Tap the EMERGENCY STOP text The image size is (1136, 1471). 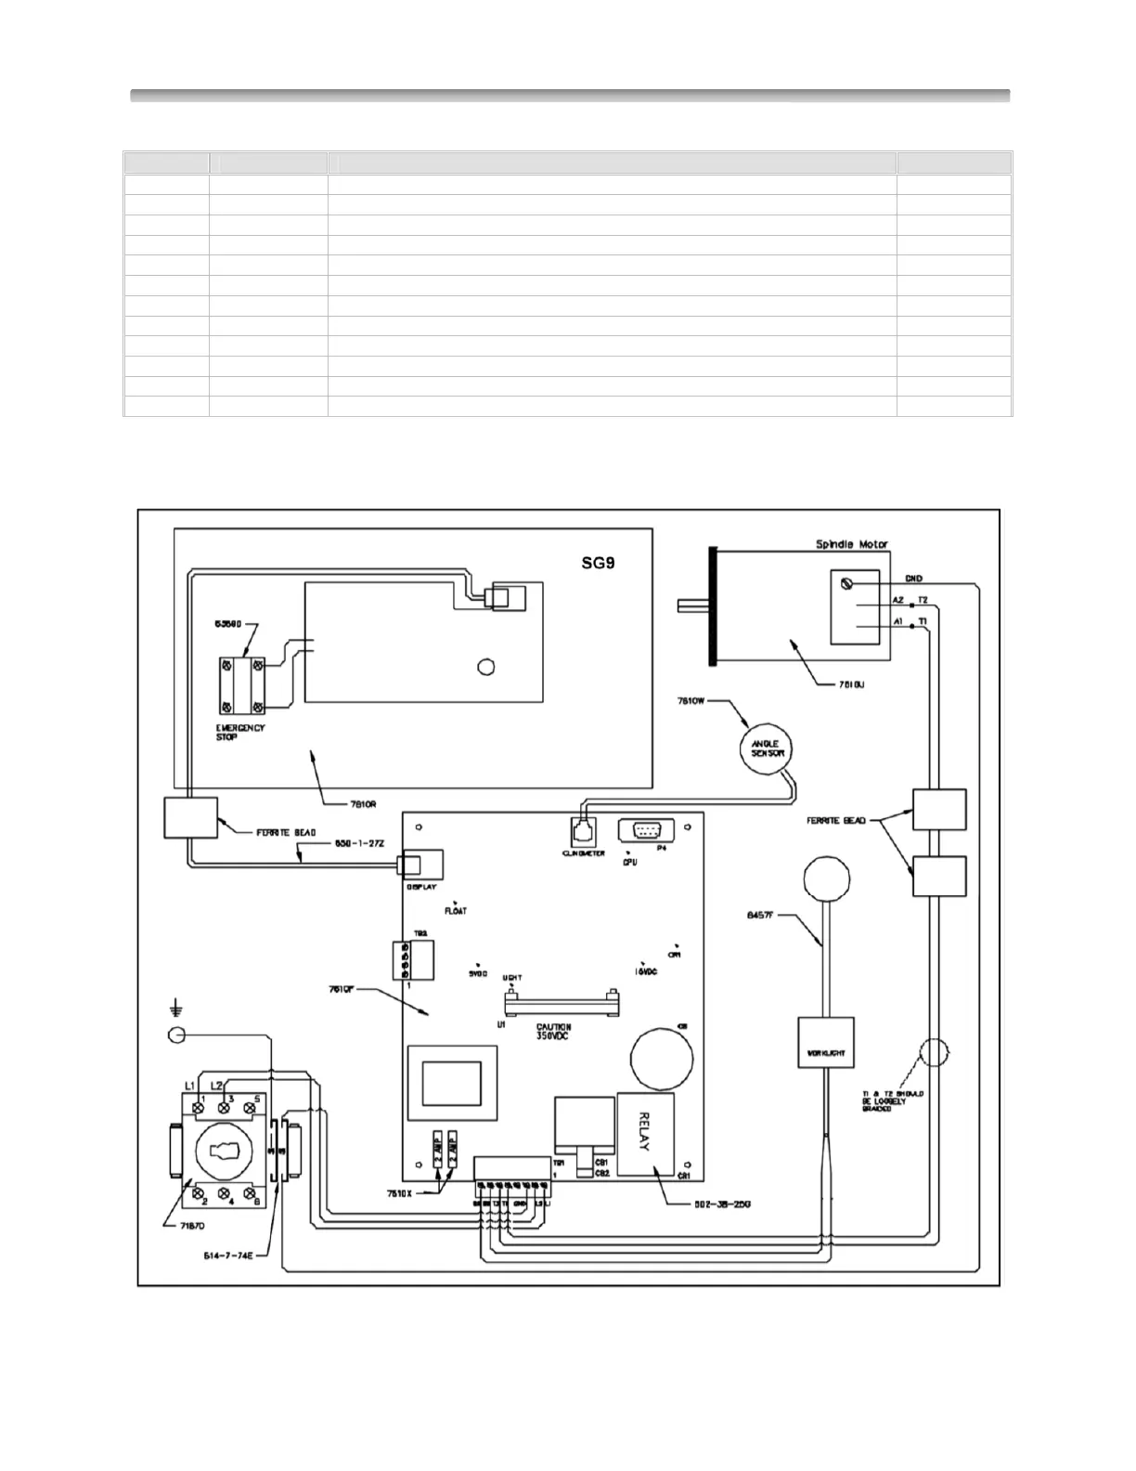coord(240,732)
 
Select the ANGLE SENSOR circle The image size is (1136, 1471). coord(768,748)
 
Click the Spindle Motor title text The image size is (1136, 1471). coord(852,544)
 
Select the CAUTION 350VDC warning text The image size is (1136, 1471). coord(554,1032)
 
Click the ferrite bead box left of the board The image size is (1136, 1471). coord(190,817)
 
